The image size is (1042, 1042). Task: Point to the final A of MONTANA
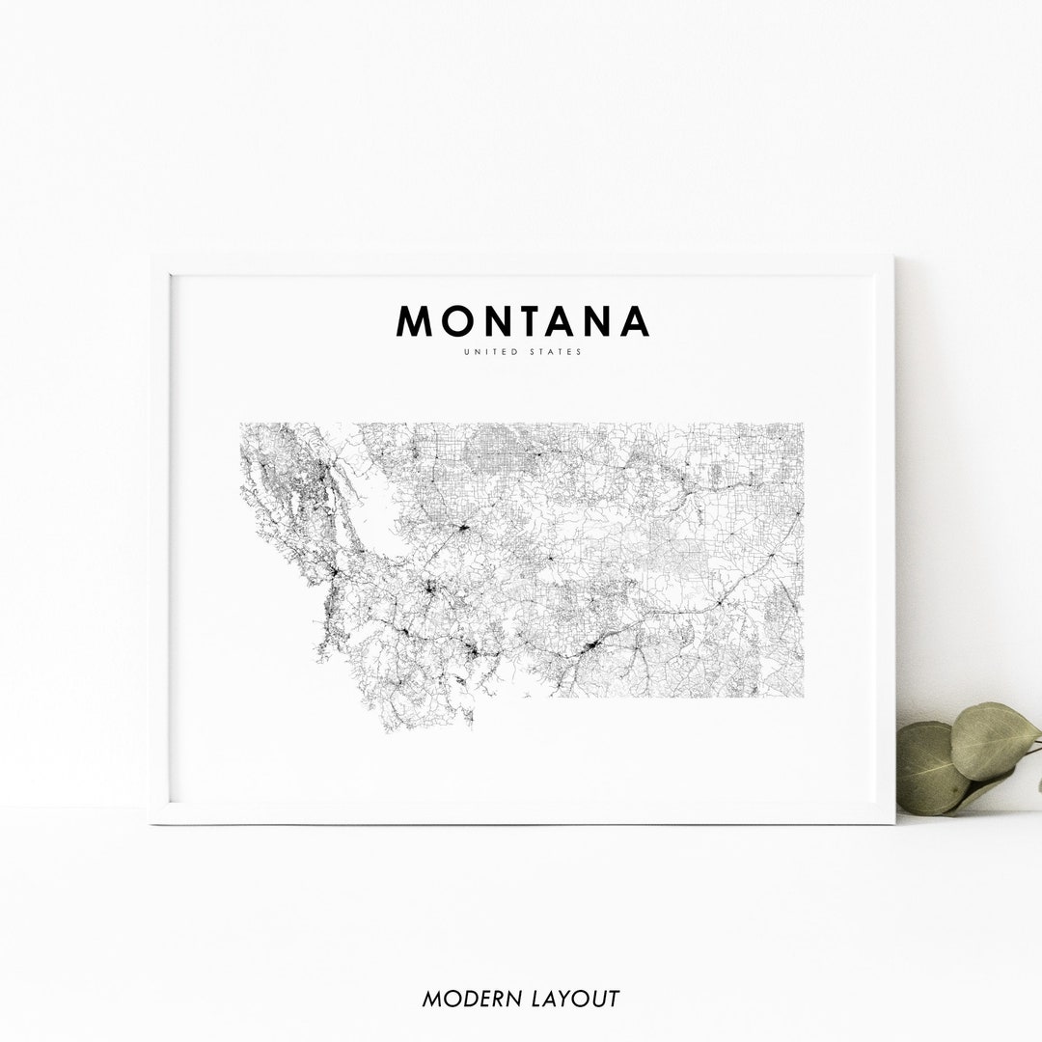pos(634,321)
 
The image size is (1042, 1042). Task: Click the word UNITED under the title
pos(489,352)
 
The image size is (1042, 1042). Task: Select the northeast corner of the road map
pos(803,424)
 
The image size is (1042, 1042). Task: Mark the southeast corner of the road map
pos(803,696)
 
